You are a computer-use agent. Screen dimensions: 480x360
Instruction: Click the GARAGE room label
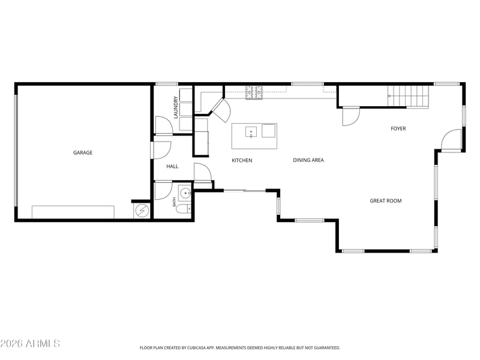(83, 152)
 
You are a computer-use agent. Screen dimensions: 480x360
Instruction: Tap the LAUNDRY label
(176, 107)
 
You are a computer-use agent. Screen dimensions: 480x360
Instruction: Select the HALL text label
(172, 166)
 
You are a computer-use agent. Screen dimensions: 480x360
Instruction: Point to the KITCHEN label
(242, 160)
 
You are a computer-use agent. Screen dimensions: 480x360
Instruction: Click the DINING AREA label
(308, 160)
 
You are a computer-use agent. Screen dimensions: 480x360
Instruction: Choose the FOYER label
(398, 128)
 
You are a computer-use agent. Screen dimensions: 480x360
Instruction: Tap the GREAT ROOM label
(386, 201)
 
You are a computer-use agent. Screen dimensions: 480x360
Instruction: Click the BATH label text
(174, 202)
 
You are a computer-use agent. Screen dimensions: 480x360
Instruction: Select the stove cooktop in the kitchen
(254, 92)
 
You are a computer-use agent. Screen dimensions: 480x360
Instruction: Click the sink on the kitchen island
(251, 132)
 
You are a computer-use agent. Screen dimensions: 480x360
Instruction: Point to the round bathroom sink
(185, 193)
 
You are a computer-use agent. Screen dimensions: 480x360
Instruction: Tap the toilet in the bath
(184, 209)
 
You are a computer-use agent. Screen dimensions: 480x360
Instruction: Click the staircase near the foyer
(408, 96)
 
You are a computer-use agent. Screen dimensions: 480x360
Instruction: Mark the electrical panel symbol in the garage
(142, 211)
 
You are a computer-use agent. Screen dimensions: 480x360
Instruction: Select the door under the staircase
(351, 116)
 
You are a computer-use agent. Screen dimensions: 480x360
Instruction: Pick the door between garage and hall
(161, 150)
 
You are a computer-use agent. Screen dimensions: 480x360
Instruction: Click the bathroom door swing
(163, 191)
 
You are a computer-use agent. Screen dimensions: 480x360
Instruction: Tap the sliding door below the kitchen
(245, 191)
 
